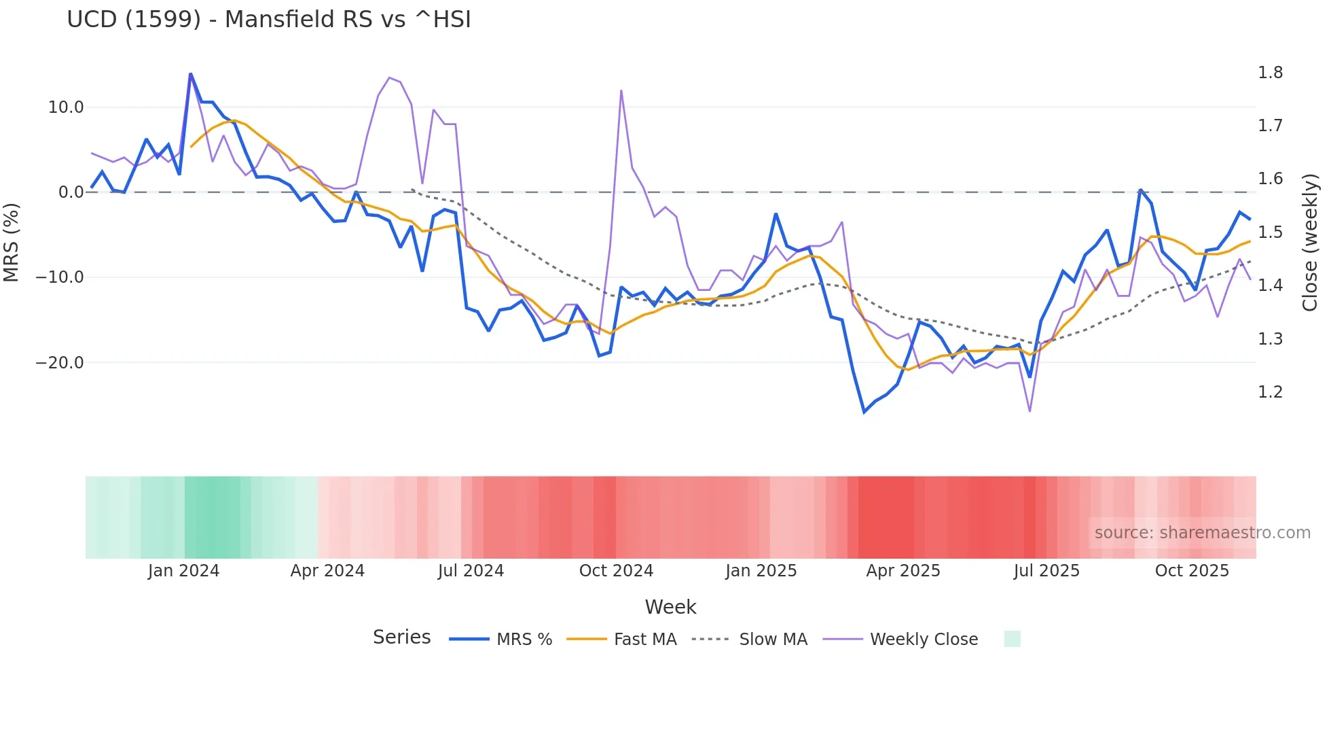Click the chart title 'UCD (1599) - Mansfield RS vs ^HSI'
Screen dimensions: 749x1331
(x=268, y=20)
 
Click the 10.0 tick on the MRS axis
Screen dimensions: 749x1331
(x=66, y=107)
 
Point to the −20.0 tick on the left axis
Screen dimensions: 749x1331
(x=60, y=363)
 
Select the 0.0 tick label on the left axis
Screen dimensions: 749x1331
(x=71, y=192)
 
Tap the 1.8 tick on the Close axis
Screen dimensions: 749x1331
(x=1270, y=73)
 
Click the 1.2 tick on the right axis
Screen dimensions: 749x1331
(x=1270, y=392)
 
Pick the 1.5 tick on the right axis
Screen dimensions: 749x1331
(x=1270, y=232)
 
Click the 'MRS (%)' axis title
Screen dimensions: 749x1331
(x=12, y=242)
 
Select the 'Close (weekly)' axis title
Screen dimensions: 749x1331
(x=1310, y=242)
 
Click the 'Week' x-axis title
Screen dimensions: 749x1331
(x=670, y=607)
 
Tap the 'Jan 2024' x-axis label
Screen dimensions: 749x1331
(x=183, y=571)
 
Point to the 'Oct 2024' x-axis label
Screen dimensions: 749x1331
(x=616, y=571)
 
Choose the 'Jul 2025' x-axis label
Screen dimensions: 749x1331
(x=1046, y=571)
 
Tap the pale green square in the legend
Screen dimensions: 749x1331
(x=1012, y=639)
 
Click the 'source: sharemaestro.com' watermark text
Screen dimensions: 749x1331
(x=1202, y=533)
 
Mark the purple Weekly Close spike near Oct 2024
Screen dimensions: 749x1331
(x=621, y=91)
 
